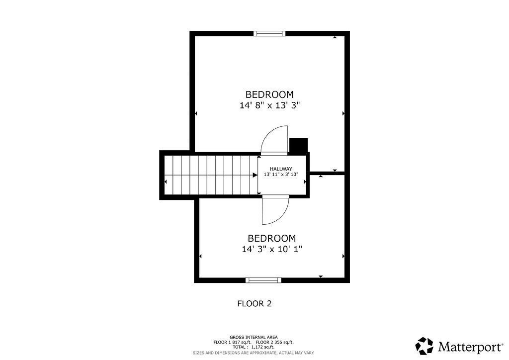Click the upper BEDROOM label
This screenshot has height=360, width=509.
click(x=269, y=94)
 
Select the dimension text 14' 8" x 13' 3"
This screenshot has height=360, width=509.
click(x=269, y=105)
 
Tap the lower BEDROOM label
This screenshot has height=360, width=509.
click(x=272, y=238)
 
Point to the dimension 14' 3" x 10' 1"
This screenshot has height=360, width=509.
click(x=272, y=249)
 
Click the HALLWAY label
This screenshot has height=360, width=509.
click(x=281, y=169)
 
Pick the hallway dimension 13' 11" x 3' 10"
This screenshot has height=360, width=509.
click(x=281, y=175)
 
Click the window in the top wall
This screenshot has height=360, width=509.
click(x=269, y=33)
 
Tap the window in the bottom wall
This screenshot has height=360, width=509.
click(x=263, y=280)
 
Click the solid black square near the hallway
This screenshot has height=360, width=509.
click(x=298, y=145)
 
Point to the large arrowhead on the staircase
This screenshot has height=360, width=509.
click(x=255, y=176)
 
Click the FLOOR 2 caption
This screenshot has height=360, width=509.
click(x=254, y=304)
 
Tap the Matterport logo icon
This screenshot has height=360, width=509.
click(x=424, y=346)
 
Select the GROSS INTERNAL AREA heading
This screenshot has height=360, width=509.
click(x=254, y=337)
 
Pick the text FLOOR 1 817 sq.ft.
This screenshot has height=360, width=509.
click(x=232, y=342)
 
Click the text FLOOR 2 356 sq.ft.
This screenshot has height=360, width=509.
click(x=274, y=342)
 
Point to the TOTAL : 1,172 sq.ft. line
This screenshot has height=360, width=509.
click(x=253, y=347)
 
